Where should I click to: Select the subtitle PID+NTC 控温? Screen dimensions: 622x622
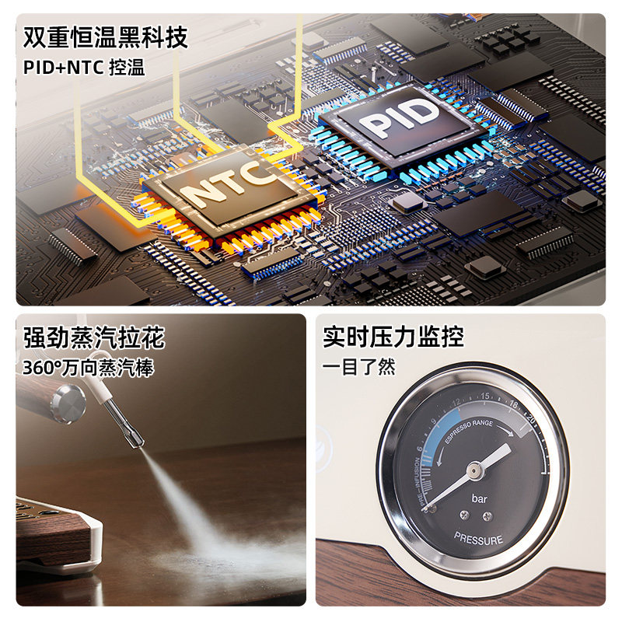[x=84, y=67]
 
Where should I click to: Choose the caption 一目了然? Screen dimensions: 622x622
[x=359, y=366]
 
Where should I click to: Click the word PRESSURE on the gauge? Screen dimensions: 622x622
[x=479, y=539]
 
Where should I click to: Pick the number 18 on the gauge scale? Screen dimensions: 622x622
[x=513, y=404]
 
